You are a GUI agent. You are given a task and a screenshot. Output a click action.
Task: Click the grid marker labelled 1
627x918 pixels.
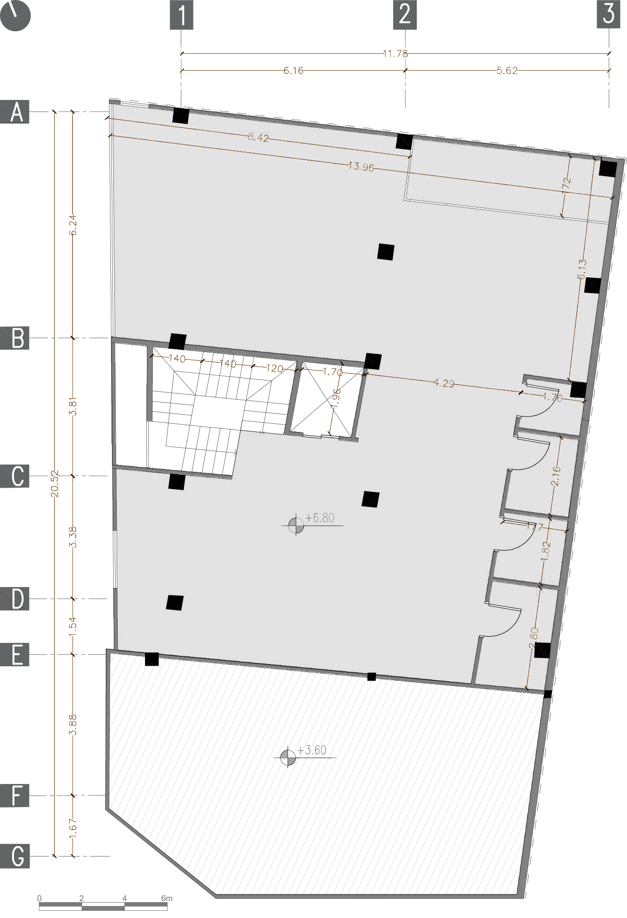click(x=181, y=15)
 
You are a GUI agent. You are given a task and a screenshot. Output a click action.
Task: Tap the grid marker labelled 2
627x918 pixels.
click(x=405, y=15)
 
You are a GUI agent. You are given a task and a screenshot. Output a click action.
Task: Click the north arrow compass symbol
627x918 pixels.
click(x=15, y=15)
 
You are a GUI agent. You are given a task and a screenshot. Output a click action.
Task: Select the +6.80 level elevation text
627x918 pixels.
click(x=320, y=518)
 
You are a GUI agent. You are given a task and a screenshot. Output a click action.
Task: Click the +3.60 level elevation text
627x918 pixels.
click(x=312, y=750)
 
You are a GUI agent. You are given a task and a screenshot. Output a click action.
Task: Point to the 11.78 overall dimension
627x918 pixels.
click(x=395, y=53)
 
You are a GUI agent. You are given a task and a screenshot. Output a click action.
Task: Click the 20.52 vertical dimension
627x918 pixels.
click(x=55, y=483)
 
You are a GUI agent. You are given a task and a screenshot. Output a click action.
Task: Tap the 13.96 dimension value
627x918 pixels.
click(x=361, y=167)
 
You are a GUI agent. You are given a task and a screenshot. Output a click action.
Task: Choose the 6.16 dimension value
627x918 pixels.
click(x=293, y=71)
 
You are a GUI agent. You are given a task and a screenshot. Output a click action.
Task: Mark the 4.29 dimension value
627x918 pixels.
click(x=444, y=383)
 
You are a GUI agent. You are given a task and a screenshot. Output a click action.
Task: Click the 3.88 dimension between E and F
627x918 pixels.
click(x=72, y=725)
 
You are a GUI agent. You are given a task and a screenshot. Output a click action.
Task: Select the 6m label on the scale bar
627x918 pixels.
click(x=167, y=898)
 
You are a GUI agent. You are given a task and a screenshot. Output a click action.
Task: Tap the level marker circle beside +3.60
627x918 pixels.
click(x=288, y=758)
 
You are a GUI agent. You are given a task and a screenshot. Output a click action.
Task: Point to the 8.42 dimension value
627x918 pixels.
click(x=258, y=137)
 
